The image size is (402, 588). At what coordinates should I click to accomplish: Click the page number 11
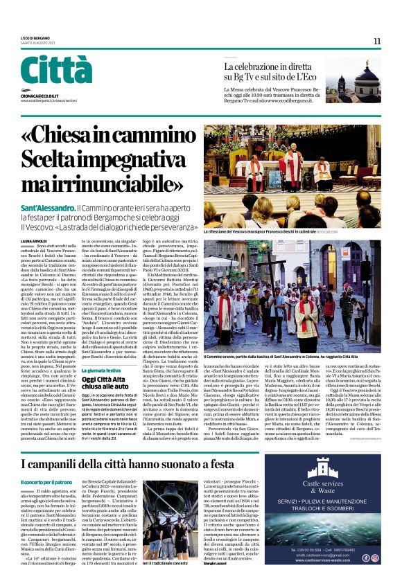click(377, 41)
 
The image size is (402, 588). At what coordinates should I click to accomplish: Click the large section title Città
click(56, 71)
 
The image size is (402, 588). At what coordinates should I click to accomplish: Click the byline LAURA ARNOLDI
click(34, 240)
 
